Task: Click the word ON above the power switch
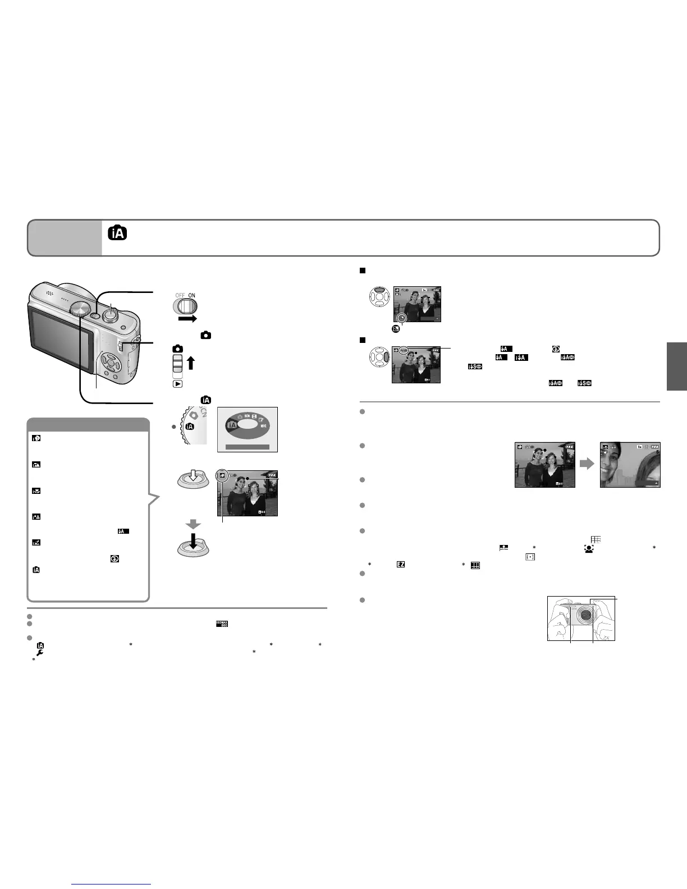click(191, 295)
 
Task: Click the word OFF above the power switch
click(180, 295)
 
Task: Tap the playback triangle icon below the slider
click(177, 384)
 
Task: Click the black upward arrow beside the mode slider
click(191, 363)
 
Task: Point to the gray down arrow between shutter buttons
click(193, 525)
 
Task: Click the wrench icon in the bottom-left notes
click(40, 652)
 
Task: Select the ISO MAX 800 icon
click(222, 624)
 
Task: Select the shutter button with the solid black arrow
click(193, 547)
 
